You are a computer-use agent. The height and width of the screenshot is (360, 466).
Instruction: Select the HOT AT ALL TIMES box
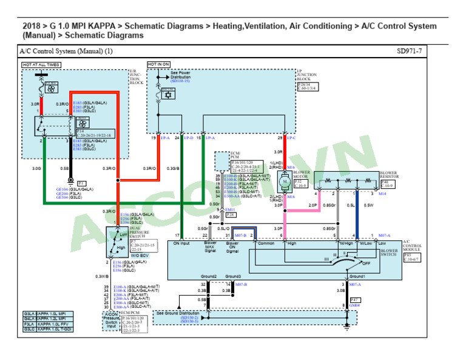click(x=41, y=64)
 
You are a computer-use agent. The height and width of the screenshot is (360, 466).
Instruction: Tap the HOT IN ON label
click(x=158, y=64)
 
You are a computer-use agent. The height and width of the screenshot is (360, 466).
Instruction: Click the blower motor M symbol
click(x=284, y=181)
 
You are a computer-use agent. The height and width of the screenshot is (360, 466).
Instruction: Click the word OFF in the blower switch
click(x=366, y=263)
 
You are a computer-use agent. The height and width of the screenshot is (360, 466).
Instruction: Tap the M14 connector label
click(x=382, y=194)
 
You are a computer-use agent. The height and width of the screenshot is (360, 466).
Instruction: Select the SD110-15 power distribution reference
click(x=180, y=81)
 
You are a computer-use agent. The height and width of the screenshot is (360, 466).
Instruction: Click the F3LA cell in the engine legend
click(x=29, y=324)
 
